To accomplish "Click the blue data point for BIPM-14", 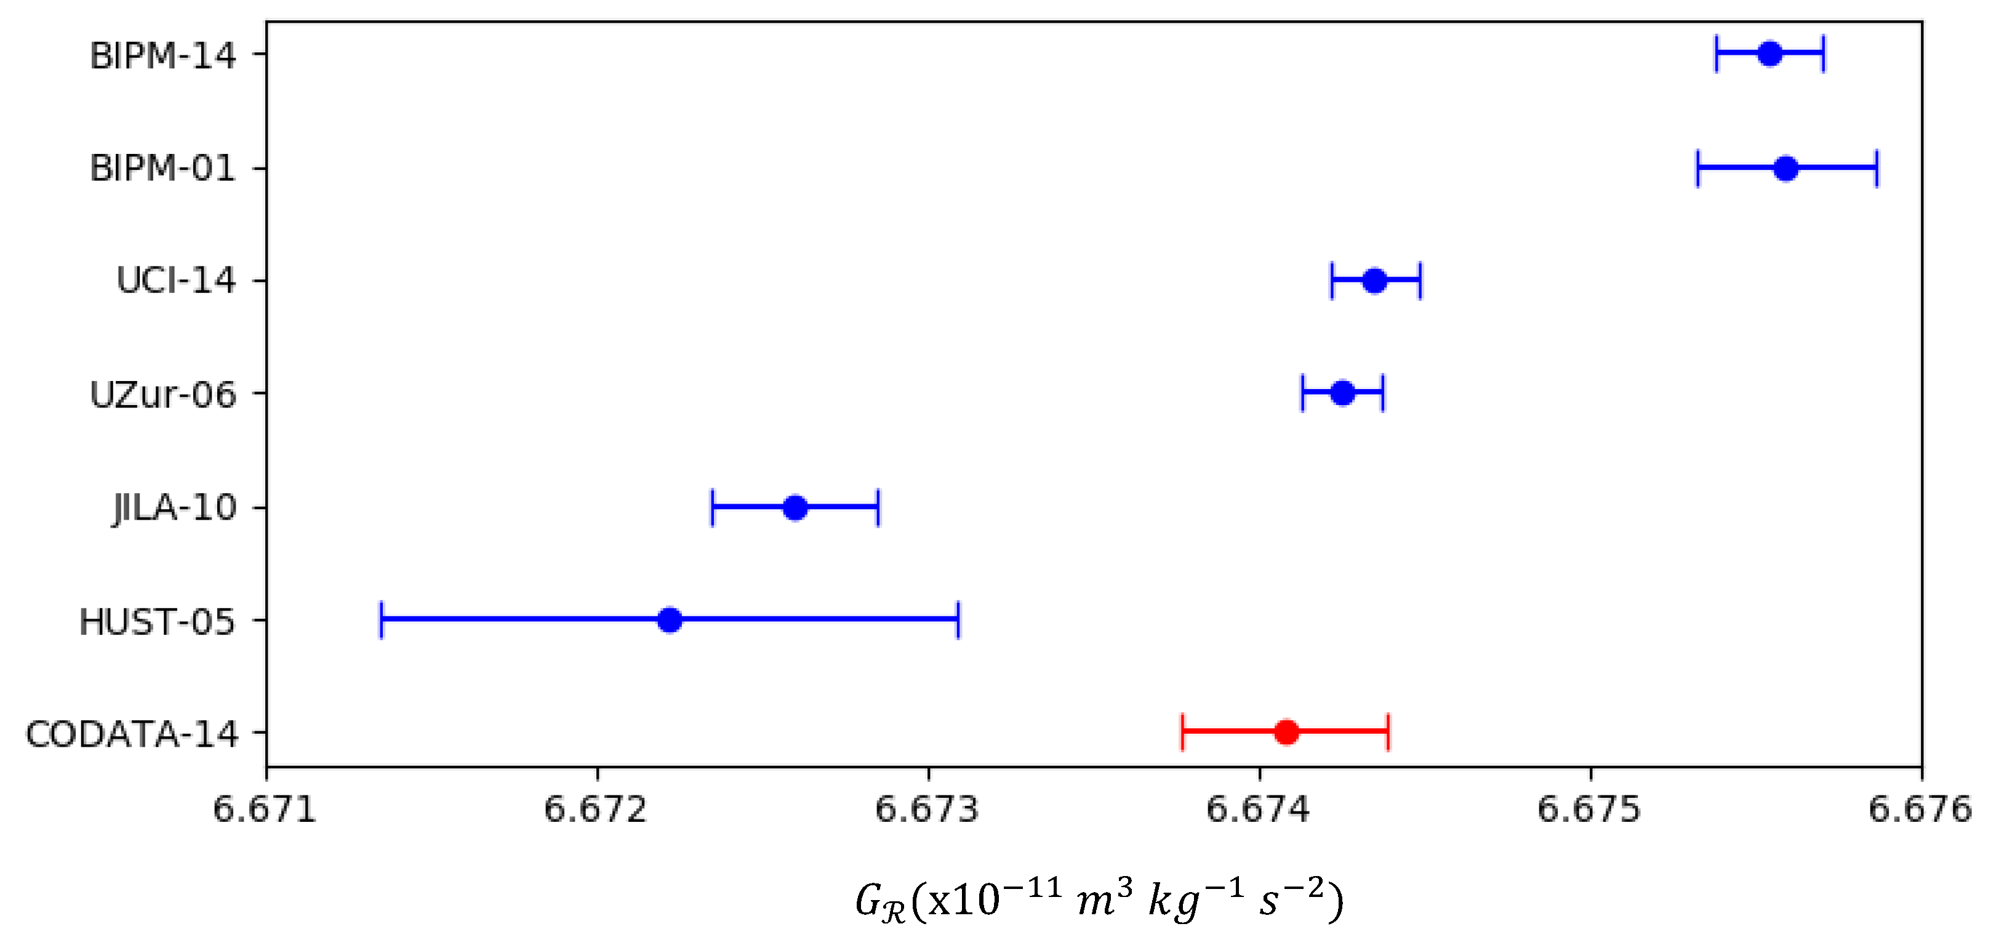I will pos(1770,54).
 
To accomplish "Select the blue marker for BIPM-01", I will pos(1785,169).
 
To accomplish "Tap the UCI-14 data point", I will pos(1374,281).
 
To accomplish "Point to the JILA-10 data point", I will pos(795,508).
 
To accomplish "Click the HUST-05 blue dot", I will pos(670,620).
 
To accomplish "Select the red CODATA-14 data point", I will pos(1286,731).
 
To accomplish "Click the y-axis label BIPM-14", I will pos(162,55).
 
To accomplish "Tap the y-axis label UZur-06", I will pos(162,394).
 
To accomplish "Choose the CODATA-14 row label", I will pos(131,734).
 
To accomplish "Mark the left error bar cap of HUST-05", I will pos(381,620).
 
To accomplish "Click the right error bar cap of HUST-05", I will pos(958,620).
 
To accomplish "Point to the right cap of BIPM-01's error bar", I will pos(1877,169).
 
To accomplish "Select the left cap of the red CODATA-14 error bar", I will pos(1182,731).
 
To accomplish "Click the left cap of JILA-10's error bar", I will pos(713,508).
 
